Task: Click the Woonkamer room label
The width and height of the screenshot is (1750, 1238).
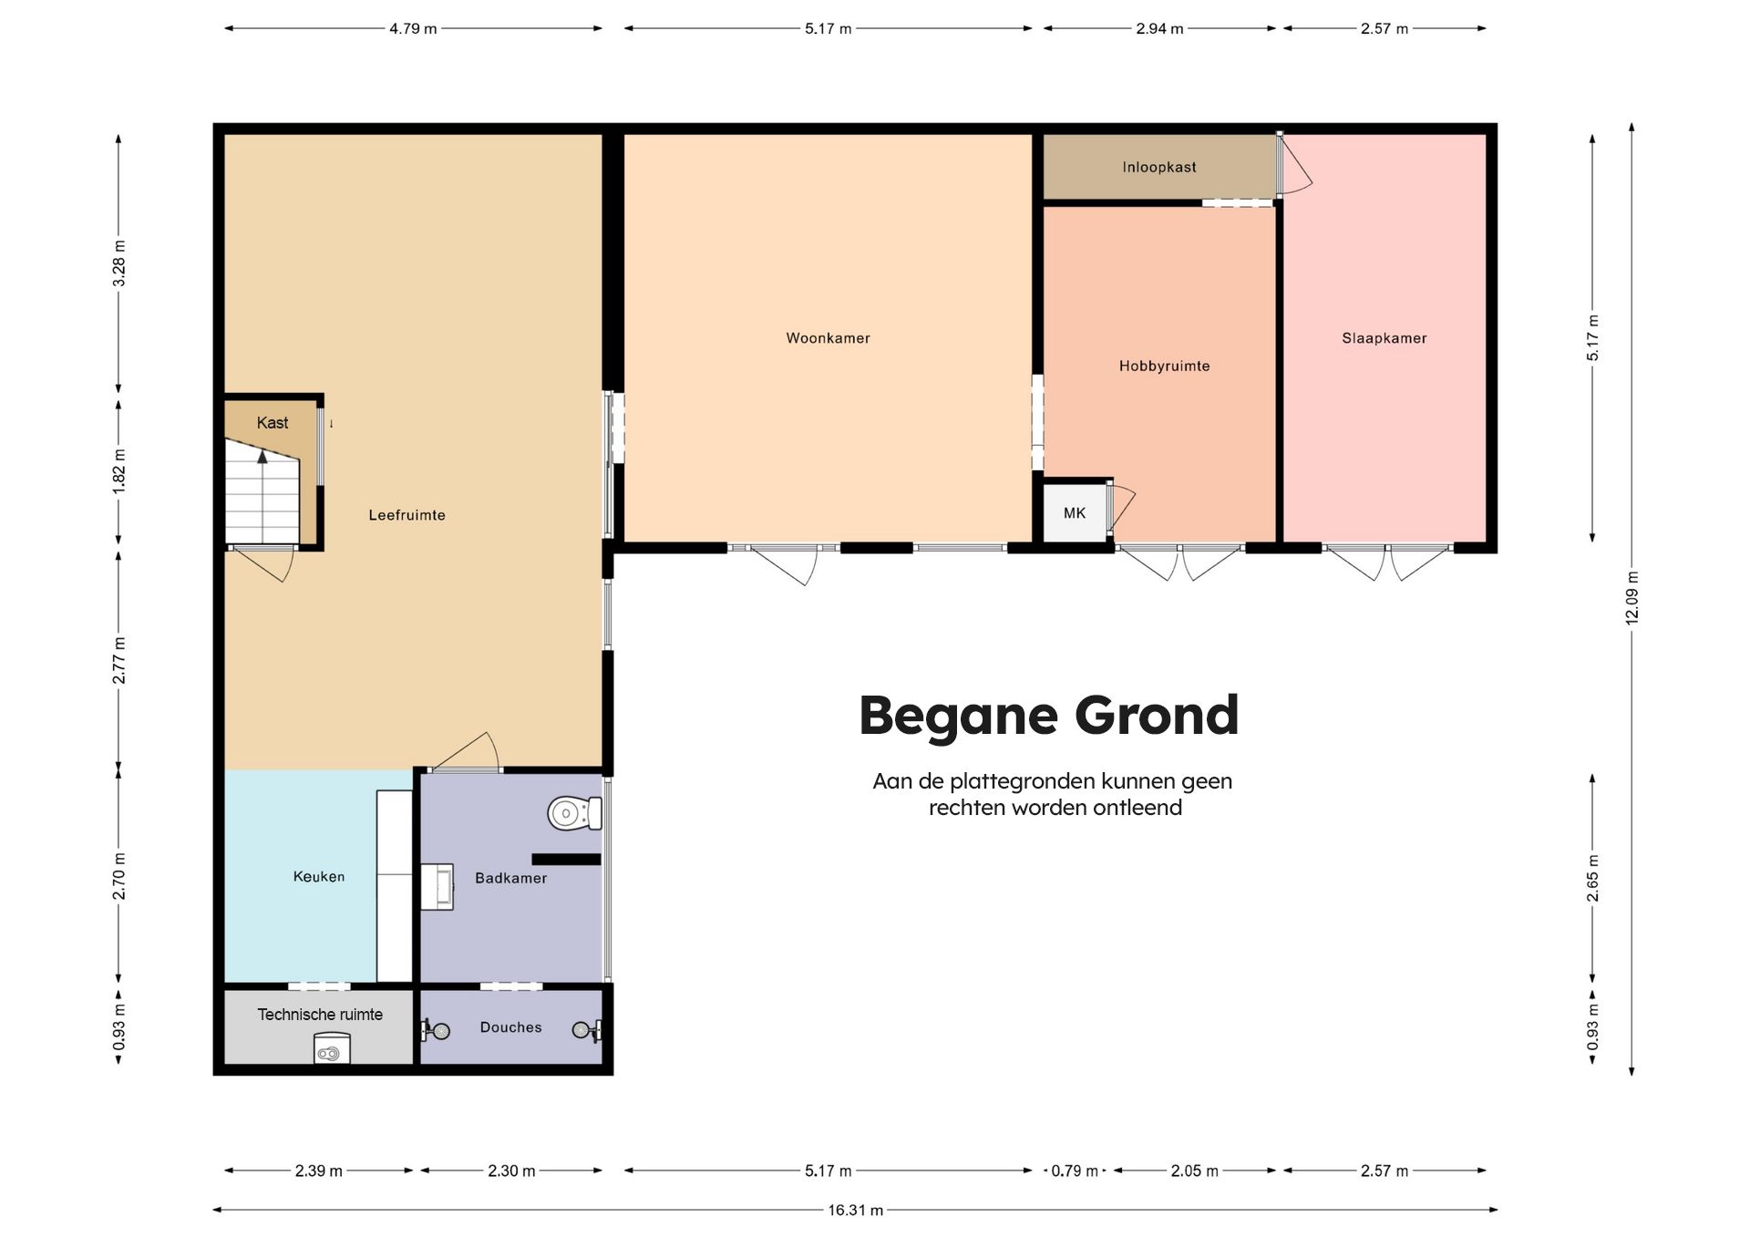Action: tap(828, 338)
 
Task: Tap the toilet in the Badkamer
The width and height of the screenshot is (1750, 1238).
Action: tap(574, 812)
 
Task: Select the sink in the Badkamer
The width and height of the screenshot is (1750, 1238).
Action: tap(437, 887)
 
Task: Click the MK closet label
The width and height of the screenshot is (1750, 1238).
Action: tap(1075, 513)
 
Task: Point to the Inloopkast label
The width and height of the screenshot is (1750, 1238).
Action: tap(1159, 167)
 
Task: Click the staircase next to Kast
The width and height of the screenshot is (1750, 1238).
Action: tap(262, 492)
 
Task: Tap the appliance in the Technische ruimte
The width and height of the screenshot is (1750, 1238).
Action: tap(332, 1048)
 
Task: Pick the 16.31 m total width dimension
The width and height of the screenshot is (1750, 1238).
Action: tap(855, 1210)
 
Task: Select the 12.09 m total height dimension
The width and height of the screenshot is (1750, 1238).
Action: tap(1632, 598)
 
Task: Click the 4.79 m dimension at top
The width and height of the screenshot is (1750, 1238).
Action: tap(413, 28)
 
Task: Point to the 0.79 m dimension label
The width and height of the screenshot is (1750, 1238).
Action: tap(1075, 1171)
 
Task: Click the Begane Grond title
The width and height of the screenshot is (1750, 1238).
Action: tap(1049, 716)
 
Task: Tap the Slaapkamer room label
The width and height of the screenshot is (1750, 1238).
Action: tap(1384, 338)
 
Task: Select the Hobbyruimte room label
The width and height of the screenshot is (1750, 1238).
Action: tap(1164, 366)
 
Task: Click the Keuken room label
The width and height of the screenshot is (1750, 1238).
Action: tap(319, 877)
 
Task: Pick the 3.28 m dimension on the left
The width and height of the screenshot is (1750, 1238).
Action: tap(118, 263)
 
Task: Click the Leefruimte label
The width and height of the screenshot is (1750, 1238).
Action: tap(407, 515)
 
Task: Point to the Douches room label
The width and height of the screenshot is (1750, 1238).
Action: tap(510, 1027)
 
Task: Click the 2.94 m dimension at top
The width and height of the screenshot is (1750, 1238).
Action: tap(1159, 28)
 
